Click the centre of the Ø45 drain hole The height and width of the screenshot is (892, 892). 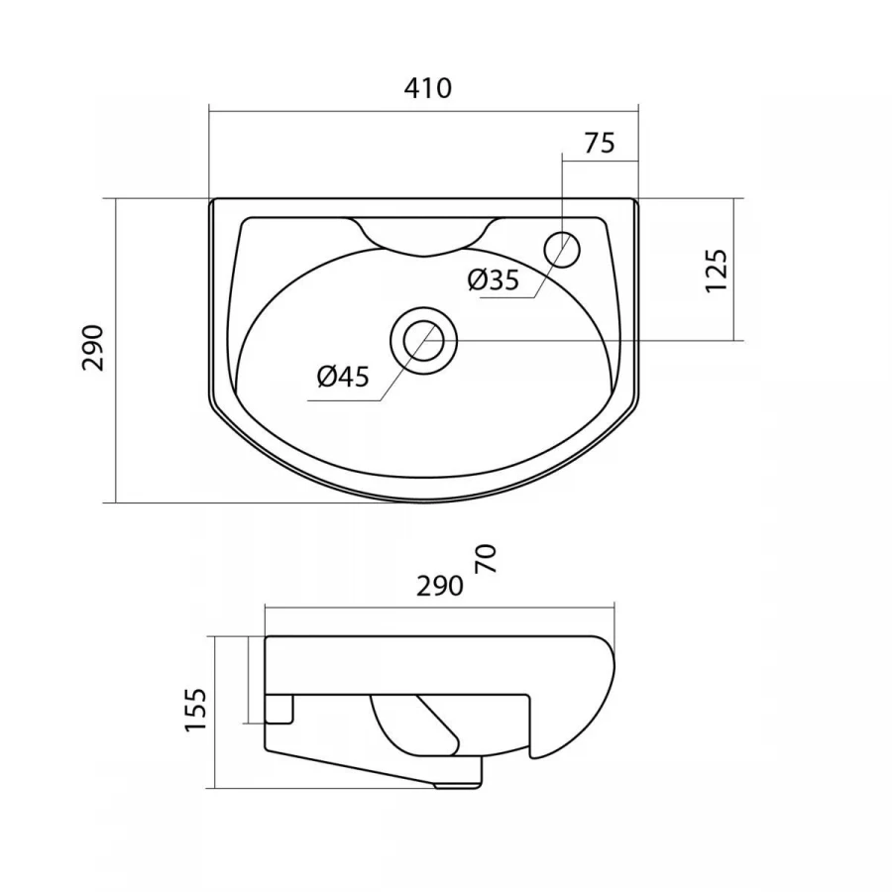point(424,341)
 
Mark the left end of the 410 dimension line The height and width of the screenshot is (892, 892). point(209,111)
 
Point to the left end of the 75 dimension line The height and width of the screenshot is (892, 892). point(562,161)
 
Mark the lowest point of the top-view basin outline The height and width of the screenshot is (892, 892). point(424,502)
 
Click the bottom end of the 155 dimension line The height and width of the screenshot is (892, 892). point(215,789)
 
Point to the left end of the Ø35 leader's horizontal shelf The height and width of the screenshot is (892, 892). point(481,297)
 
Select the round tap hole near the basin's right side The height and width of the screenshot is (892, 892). point(562,249)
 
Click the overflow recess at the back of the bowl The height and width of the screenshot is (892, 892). point(424,236)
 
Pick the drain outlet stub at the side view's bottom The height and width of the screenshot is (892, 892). point(458,785)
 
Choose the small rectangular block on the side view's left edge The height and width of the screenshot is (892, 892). point(279,709)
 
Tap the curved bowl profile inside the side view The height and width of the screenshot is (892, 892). point(414,725)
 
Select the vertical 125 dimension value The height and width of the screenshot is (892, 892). point(717,271)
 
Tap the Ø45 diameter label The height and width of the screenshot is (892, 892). point(343,377)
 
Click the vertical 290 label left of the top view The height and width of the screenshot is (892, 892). point(93,348)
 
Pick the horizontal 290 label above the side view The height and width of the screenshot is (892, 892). point(440,586)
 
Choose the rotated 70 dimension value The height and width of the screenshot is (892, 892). point(487,559)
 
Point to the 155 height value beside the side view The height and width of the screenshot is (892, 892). point(195,710)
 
